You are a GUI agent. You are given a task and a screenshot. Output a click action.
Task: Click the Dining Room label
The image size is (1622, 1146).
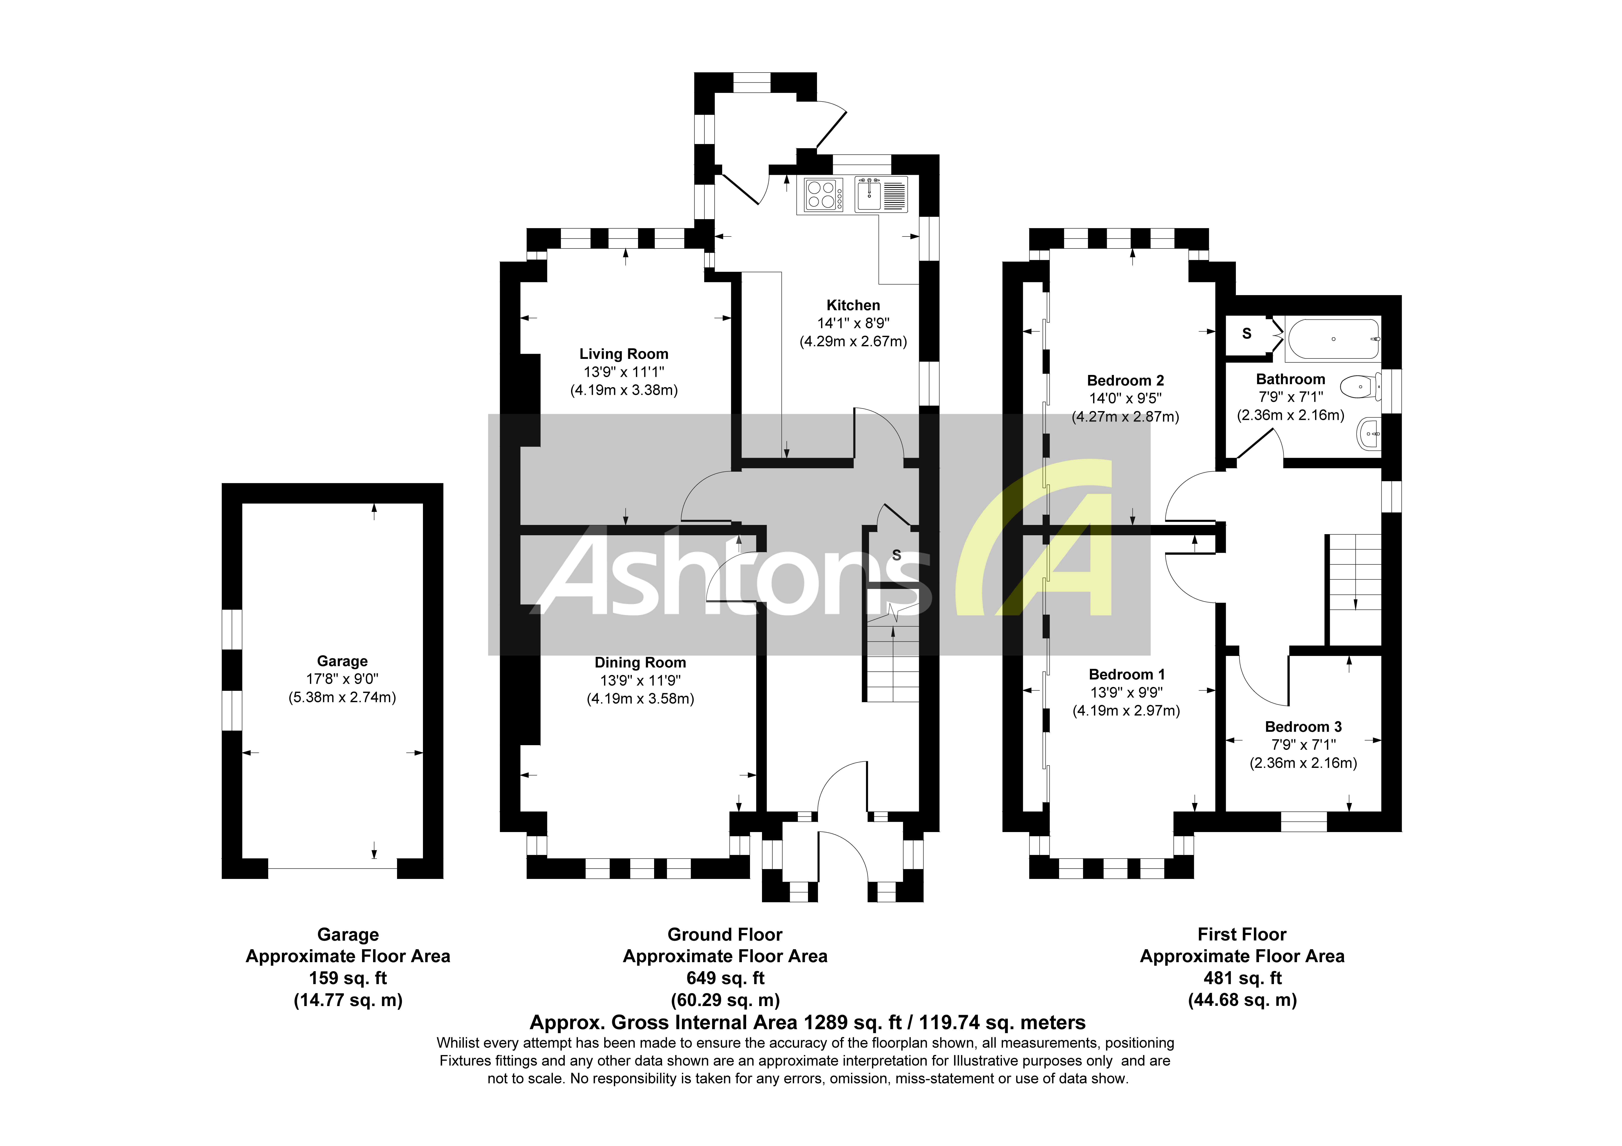pos(640,663)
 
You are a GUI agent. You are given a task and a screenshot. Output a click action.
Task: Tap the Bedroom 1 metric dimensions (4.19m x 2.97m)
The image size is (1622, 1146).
pos(1126,711)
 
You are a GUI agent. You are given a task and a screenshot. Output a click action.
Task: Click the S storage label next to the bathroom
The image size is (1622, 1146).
pos(1247,333)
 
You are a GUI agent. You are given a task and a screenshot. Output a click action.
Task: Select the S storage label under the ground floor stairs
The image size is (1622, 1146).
pos(896,555)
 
